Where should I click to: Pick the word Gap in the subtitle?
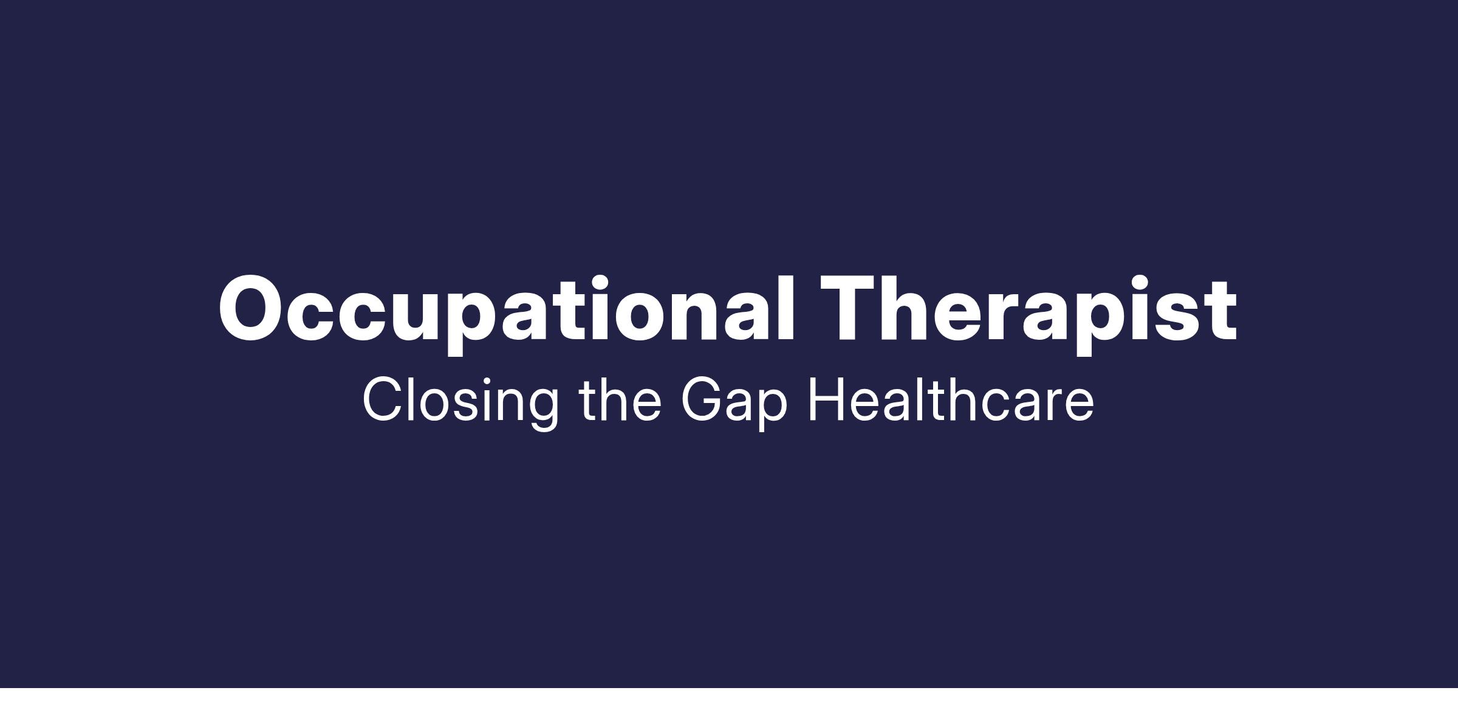point(734,402)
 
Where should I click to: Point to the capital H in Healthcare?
point(826,399)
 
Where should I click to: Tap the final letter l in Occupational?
point(786,308)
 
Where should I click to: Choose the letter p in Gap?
point(770,410)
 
